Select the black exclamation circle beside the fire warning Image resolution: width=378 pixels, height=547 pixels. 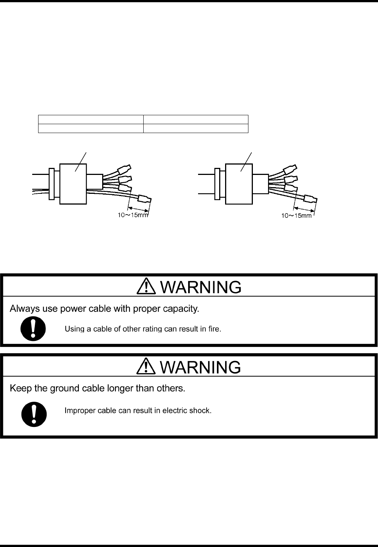point(33,328)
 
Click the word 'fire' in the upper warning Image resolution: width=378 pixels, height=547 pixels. point(214,329)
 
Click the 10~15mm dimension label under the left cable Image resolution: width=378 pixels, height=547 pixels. point(133,216)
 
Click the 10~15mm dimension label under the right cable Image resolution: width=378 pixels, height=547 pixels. point(297,216)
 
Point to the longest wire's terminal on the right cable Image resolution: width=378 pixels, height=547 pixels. point(309,199)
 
